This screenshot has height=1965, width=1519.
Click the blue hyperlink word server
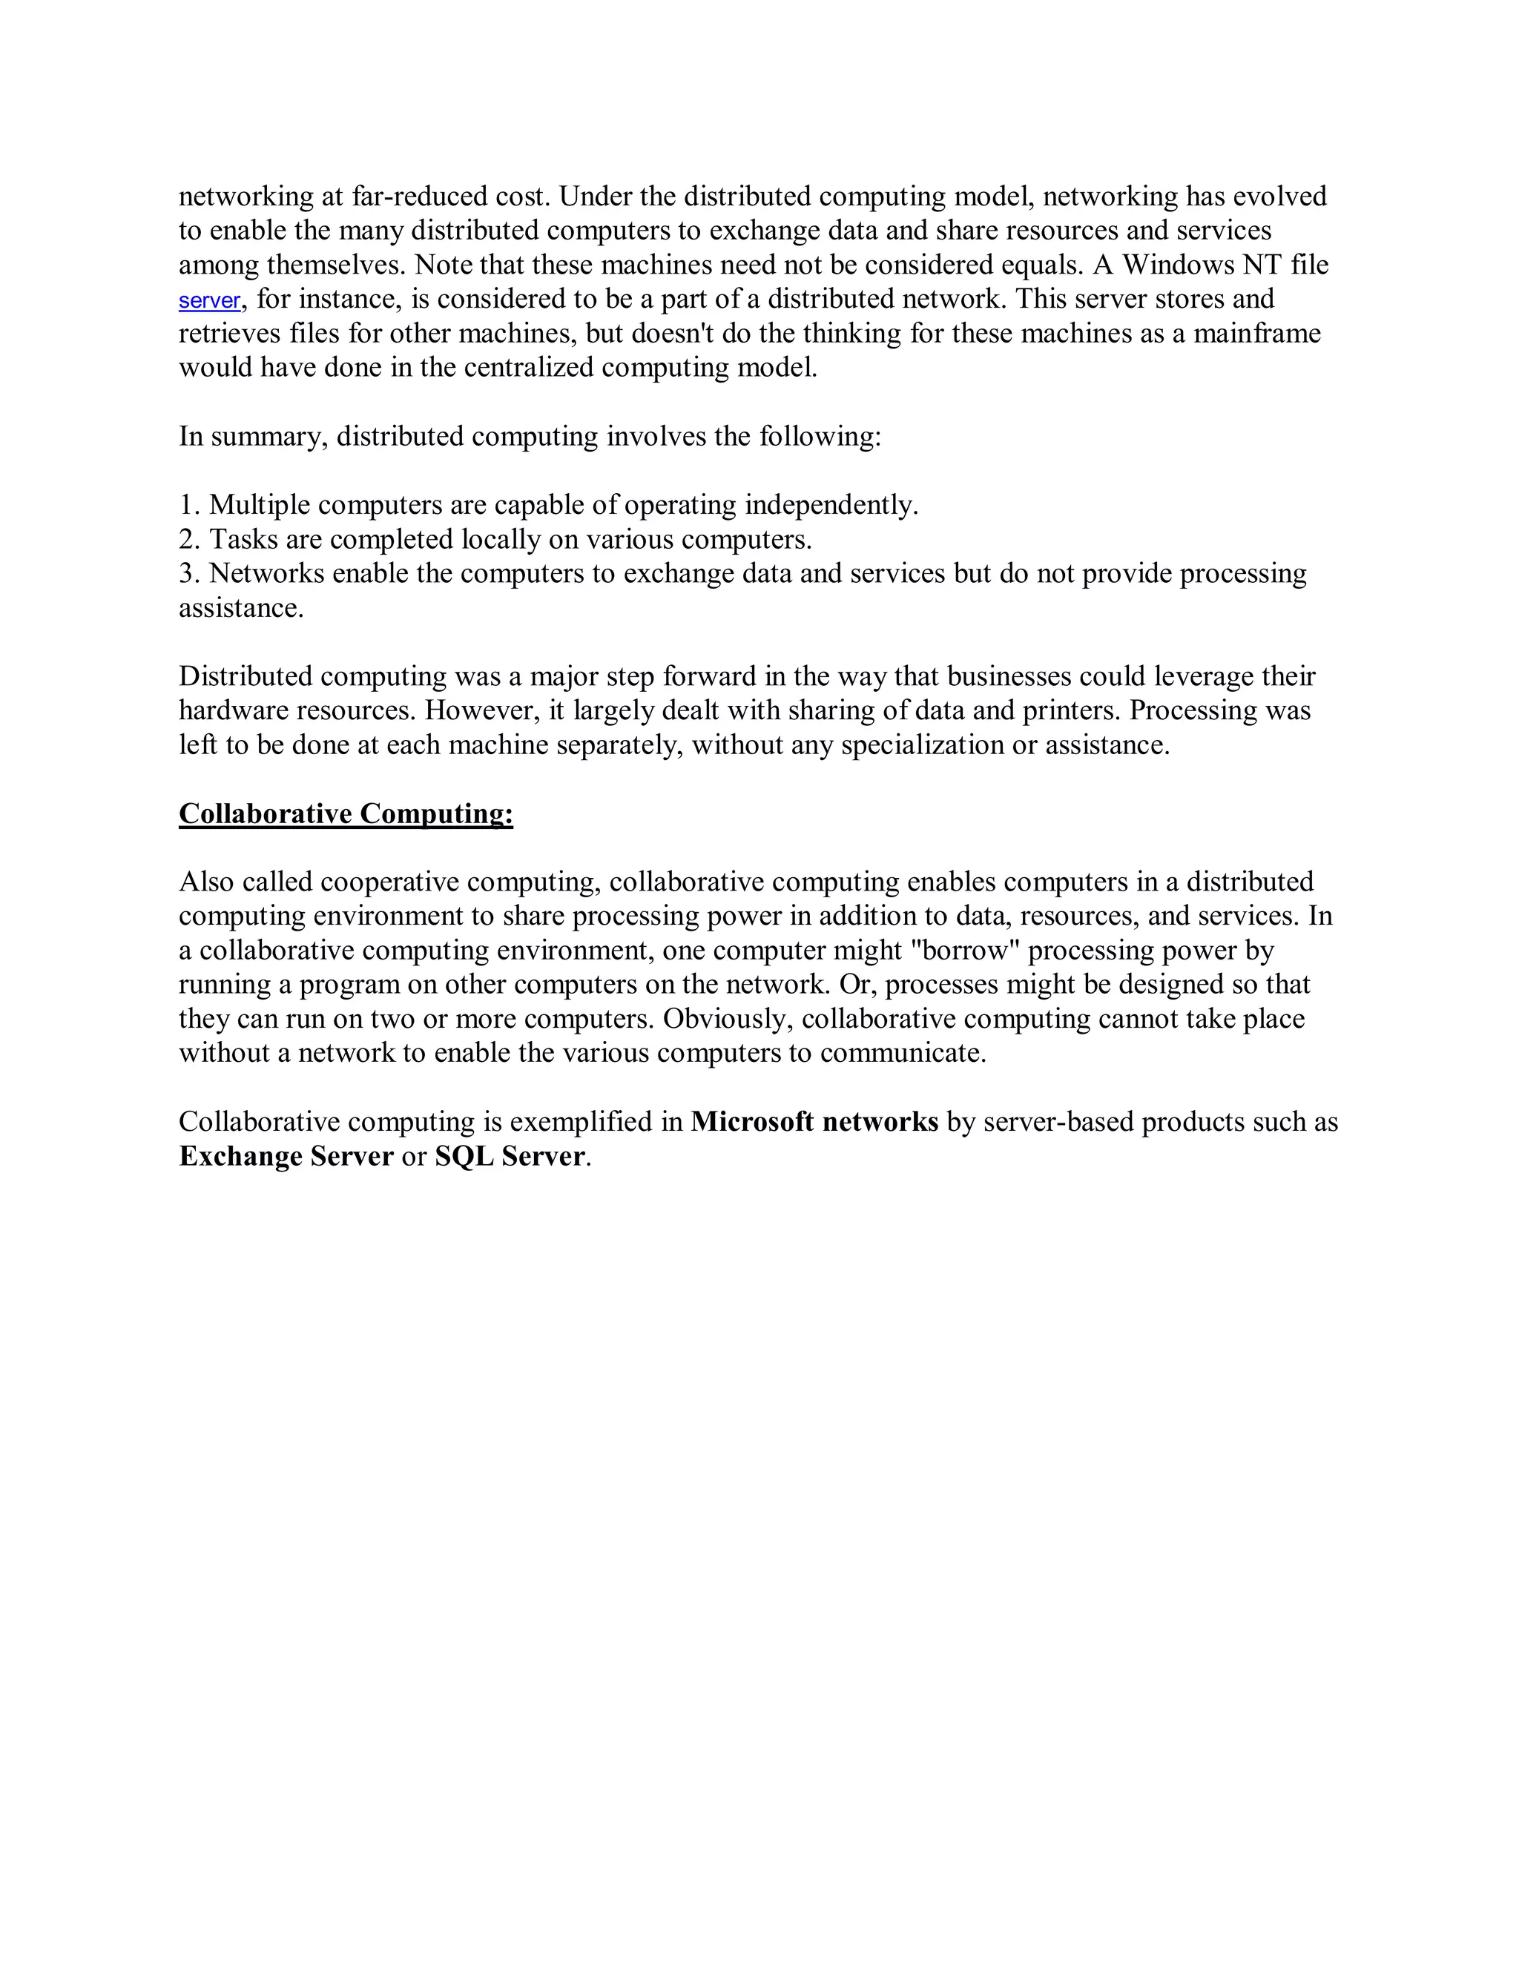point(208,300)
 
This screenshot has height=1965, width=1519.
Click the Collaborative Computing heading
point(346,813)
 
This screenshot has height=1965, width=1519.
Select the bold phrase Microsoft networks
point(814,1122)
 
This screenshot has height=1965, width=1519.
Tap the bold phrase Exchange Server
point(286,1156)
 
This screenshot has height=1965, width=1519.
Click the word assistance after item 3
point(240,608)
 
